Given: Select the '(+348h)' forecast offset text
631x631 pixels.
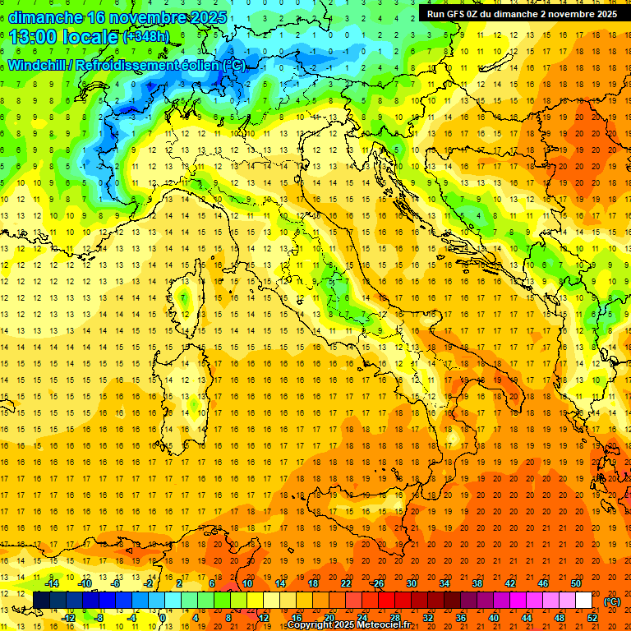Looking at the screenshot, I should click(x=146, y=37).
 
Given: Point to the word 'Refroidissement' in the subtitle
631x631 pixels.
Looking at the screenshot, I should click(x=144, y=65).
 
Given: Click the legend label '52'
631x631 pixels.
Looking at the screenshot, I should click(x=592, y=617).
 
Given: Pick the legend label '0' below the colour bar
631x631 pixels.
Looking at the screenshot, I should click(x=164, y=617).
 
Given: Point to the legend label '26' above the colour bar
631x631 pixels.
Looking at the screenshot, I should click(x=379, y=583).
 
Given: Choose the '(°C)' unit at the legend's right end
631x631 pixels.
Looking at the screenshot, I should click(x=612, y=601).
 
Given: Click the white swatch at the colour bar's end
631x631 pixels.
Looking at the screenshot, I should click(x=584, y=601).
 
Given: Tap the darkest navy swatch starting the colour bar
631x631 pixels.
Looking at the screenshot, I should click(x=41, y=601).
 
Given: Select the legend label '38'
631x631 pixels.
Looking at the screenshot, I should click(x=477, y=583).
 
